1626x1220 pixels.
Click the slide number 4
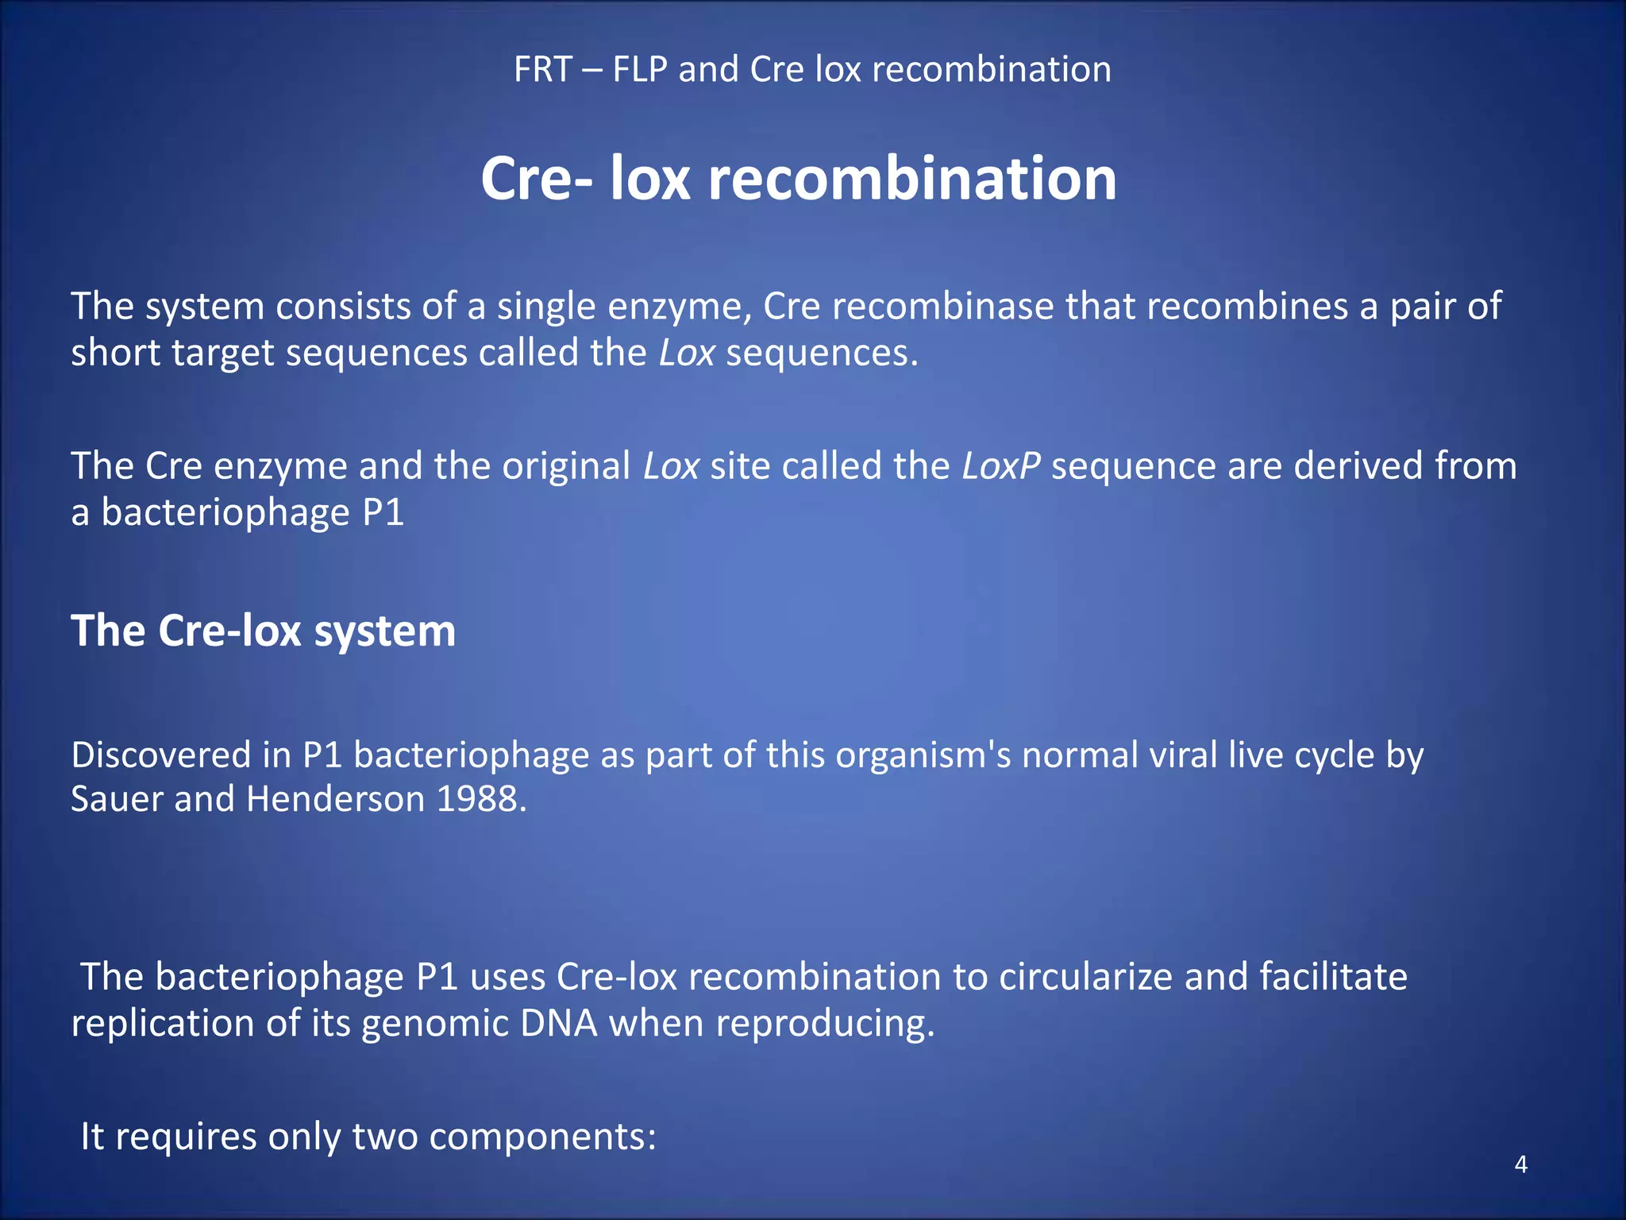1520,1164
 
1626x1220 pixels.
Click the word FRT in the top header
543,70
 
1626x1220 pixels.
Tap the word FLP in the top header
640,70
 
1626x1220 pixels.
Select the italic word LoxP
1000,466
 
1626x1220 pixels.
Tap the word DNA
559,1023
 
